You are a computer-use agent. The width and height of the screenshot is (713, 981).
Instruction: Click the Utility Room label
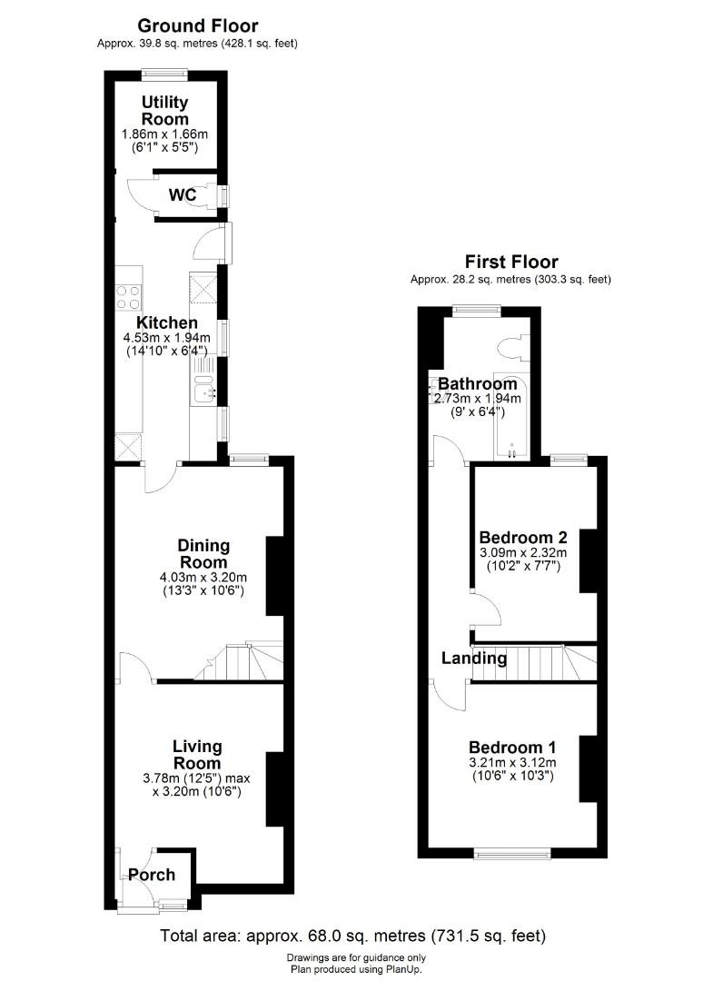click(165, 111)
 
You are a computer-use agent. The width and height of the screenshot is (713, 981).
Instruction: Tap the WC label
click(183, 195)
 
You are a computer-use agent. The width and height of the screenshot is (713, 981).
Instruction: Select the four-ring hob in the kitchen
click(129, 296)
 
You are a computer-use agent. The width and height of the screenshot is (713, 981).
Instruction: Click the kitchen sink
click(203, 388)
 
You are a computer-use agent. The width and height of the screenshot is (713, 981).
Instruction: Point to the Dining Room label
click(203, 554)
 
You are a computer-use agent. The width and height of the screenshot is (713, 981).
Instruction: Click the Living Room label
click(197, 755)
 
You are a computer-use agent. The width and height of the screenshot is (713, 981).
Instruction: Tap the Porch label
click(152, 875)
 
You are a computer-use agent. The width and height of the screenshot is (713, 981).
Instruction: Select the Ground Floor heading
click(198, 25)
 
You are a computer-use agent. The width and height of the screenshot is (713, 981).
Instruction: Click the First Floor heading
click(511, 262)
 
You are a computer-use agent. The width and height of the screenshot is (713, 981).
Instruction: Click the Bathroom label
click(477, 383)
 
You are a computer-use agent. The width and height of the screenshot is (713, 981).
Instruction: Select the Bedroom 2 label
click(523, 538)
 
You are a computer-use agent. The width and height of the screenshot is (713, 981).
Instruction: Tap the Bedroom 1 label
click(512, 747)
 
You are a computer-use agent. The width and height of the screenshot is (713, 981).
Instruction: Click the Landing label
click(474, 659)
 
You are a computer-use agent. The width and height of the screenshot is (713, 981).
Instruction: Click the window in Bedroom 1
click(512, 853)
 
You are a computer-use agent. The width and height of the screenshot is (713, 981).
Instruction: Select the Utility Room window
click(164, 72)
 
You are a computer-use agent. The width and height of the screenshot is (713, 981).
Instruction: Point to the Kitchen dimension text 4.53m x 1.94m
click(167, 338)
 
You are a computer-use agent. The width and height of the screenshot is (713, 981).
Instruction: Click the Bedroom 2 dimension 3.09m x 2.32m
click(523, 552)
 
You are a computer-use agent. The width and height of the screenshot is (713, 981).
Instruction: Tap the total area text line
click(352, 936)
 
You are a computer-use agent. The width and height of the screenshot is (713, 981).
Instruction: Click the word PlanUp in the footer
click(404, 969)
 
